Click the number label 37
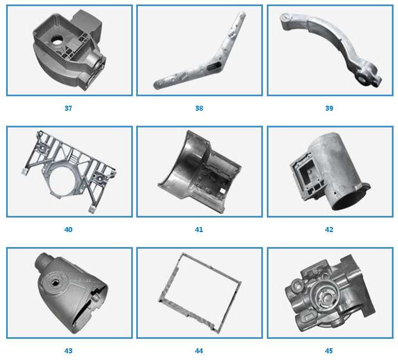68,109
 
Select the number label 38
199,109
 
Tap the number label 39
329,109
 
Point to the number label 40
68,230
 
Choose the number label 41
199,230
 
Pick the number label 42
329,230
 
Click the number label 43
68,351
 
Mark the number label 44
199,351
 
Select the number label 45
329,351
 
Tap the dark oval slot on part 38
214,67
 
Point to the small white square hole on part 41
222,190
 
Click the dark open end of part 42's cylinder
349,201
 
